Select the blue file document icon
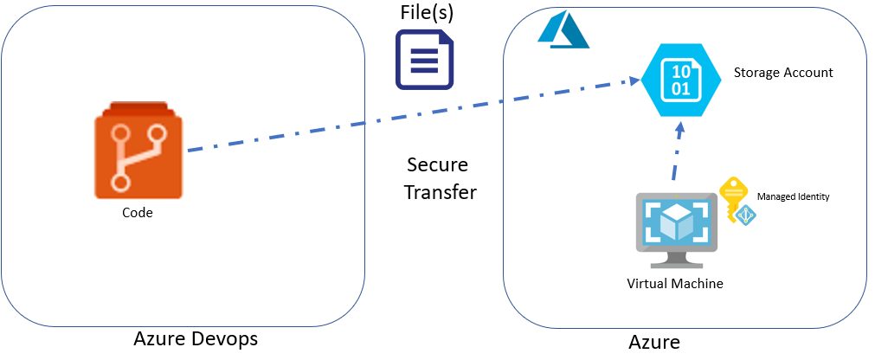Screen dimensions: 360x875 pyautogui.click(x=425, y=60)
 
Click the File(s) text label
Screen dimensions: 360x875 pyautogui.click(x=427, y=13)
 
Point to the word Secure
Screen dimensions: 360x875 pyautogui.click(x=437, y=164)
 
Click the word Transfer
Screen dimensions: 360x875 pyautogui.click(x=440, y=192)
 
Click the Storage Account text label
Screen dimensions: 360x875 pyautogui.click(x=783, y=73)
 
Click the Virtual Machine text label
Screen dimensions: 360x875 pyautogui.click(x=675, y=283)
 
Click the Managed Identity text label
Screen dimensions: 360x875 pyautogui.click(x=793, y=197)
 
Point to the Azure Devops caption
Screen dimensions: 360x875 pyautogui.click(x=196, y=338)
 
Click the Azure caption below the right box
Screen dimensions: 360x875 pyautogui.click(x=653, y=342)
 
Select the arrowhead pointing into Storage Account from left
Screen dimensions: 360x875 pyautogui.click(x=633, y=83)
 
